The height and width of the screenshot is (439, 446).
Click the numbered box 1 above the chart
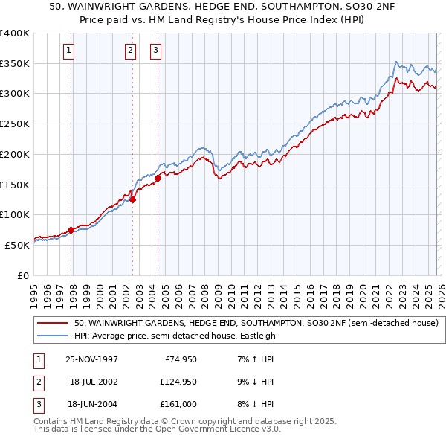click(68, 51)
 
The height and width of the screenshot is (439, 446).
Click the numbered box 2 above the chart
click(130, 51)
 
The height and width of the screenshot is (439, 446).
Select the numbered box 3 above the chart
click(155, 51)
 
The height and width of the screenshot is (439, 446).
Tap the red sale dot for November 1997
click(71, 230)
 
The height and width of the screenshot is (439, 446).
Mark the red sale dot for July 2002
click(132, 199)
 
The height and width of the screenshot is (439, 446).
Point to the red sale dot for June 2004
click(158, 178)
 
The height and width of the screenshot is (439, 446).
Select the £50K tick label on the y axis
click(16, 245)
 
